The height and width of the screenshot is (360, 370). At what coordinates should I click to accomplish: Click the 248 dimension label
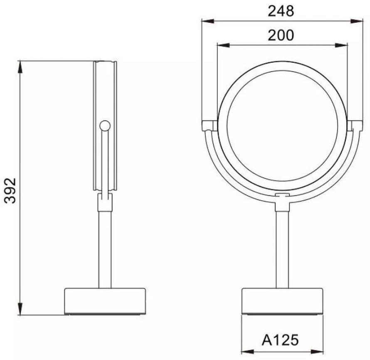pyautogui.click(x=281, y=11)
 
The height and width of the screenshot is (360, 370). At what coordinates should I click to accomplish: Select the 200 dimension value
pyautogui.click(x=281, y=35)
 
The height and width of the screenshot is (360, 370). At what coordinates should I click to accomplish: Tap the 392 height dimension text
pyautogui.click(x=10, y=191)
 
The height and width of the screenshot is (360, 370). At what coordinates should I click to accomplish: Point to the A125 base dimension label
pyautogui.click(x=280, y=340)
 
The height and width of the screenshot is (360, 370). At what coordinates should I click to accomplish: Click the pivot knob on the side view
pyautogui.click(x=105, y=126)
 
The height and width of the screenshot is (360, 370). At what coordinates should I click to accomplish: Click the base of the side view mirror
pyautogui.click(x=105, y=301)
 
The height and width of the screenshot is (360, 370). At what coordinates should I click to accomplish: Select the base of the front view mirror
pyautogui.click(x=282, y=301)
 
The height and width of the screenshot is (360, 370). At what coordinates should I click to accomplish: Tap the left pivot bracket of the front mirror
pyautogui.click(x=210, y=126)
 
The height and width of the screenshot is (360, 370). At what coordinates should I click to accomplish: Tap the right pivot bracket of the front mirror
pyautogui.click(x=355, y=126)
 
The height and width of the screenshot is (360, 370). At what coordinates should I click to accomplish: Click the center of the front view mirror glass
pyautogui.click(x=282, y=128)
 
